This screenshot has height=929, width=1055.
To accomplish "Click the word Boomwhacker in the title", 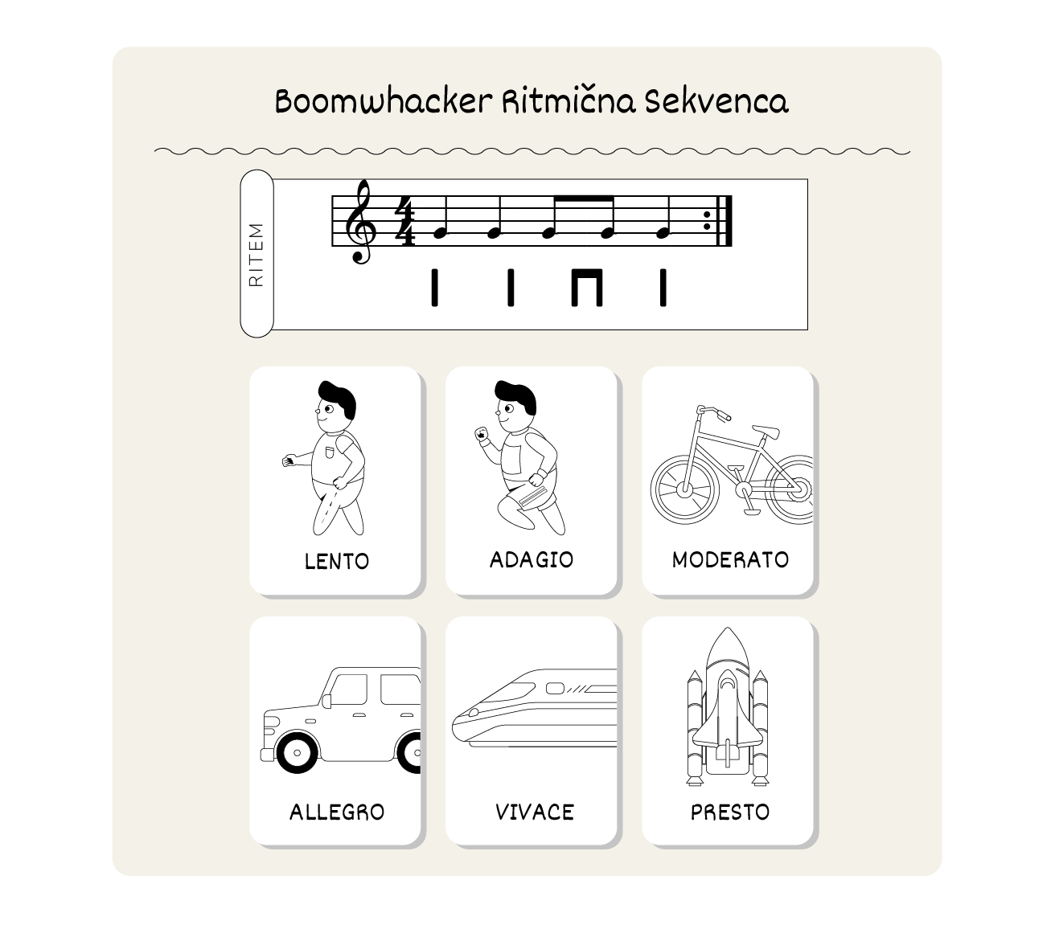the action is click(x=384, y=101).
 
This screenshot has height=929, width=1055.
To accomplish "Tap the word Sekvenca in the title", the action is click(x=716, y=101).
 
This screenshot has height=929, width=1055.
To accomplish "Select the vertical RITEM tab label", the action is click(x=257, y=255).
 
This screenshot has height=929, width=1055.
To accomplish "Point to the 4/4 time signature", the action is click(x=404, y=221).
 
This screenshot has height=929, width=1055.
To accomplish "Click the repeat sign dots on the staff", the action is click(x=707, y=221).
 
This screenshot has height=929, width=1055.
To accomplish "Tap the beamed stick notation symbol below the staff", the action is click(x=587, y=287).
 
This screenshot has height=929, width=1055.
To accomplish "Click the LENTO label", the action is click(x=336, y=562).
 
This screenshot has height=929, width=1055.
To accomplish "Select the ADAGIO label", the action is click(x=532, y=560).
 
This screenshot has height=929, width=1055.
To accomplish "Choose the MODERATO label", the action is click(x=730, y=560).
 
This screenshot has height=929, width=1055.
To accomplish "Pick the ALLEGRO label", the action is click(x=337, y=812).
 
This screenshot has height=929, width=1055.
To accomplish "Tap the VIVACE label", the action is click(x=534, y=812).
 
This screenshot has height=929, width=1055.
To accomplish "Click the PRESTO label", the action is click(x=730, y=812).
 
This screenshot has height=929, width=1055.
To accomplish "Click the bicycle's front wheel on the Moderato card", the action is click(x=684, y=489).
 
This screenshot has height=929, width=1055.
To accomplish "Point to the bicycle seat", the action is click(x=766, y=432).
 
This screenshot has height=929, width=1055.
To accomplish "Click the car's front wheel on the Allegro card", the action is click(x=297, y=752).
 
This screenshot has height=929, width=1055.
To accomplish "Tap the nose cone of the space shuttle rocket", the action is click(x=728, y=646).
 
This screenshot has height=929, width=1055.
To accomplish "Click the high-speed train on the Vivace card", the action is click(x=534, y=709).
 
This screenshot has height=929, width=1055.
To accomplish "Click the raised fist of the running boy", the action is click(x=482, y=433).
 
